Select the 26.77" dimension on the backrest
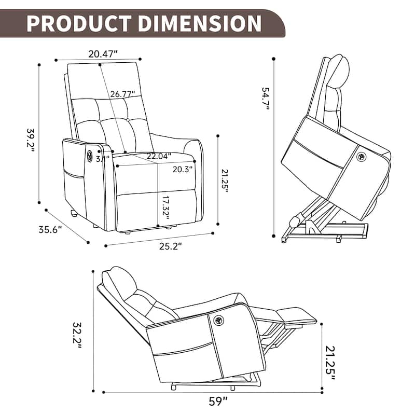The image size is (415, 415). pos(122,94)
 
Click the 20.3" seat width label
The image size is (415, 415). pos(183,168)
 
